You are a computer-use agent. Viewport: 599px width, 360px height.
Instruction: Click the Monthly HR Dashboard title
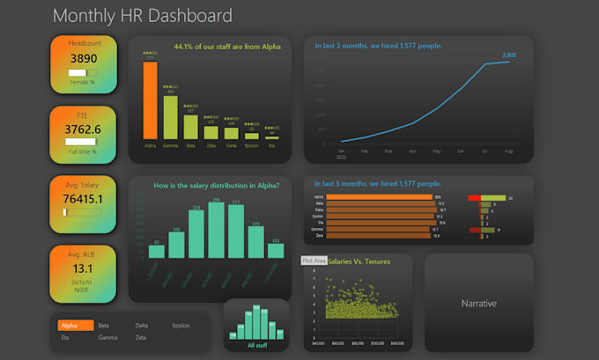143,16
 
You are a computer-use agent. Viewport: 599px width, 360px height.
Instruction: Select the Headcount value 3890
83,58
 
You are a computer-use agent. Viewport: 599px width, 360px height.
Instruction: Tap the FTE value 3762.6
83,129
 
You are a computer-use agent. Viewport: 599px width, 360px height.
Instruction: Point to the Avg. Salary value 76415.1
83,199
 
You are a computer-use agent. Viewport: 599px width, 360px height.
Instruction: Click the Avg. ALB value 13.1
83,268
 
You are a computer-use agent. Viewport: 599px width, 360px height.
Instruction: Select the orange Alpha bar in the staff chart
150,100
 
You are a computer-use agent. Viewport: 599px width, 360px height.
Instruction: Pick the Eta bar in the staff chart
272,137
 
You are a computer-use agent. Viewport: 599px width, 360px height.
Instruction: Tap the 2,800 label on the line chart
509,55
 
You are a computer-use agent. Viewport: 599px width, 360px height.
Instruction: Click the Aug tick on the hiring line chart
509,151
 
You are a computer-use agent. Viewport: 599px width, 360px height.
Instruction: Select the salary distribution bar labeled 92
157,251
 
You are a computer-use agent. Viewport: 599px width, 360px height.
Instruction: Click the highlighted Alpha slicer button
75,326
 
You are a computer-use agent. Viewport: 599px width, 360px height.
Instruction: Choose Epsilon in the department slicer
181,326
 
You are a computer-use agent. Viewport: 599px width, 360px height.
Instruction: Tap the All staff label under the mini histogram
257,346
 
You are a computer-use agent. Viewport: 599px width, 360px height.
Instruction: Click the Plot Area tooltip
314,261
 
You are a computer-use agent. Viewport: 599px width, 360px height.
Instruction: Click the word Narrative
478,303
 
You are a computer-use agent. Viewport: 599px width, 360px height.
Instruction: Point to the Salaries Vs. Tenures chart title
357,261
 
